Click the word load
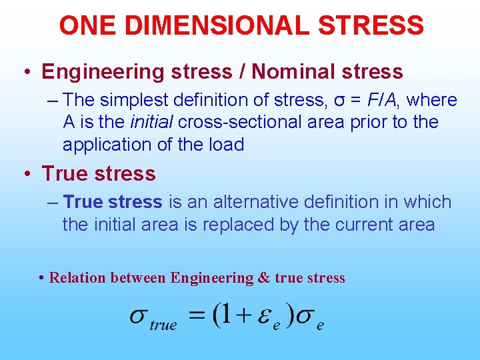(225, 145)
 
